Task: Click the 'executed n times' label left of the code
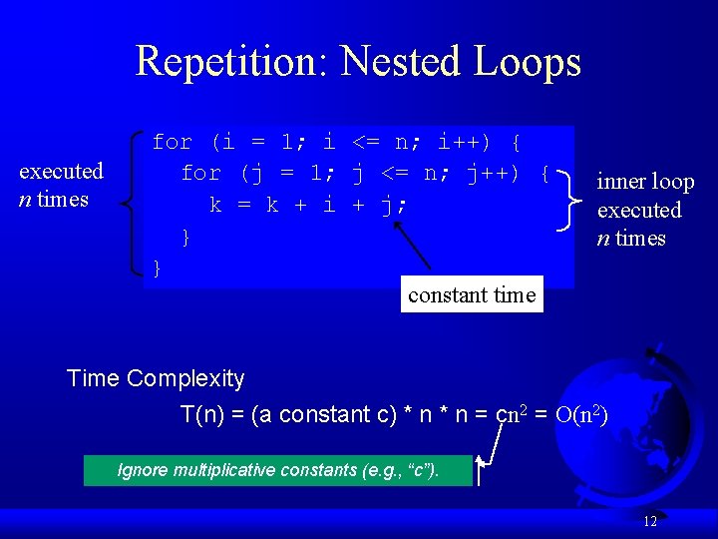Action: (x=61, y=185)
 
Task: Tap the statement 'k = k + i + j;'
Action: (x=309, y=206)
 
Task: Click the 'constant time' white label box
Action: (x=472, y=294)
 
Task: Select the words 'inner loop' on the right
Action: (x=644, y=182)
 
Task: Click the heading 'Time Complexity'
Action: (x=156, y=378)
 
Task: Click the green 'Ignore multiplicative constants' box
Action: (x=278, y=470)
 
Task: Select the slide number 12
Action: (x=650, y=521)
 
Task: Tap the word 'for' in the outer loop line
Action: (x=172, y=142)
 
